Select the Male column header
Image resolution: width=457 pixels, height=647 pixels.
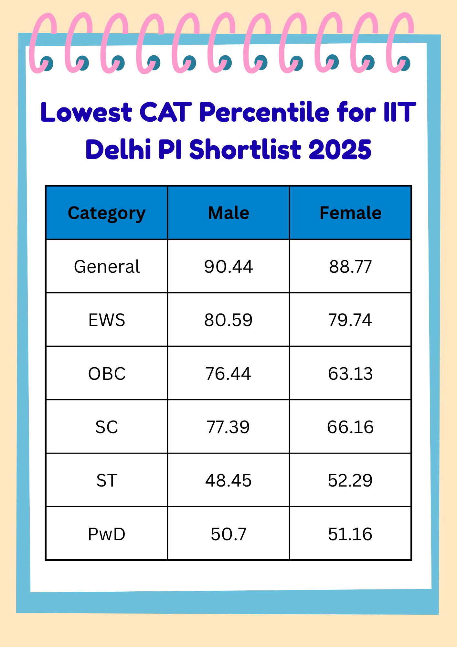click(228, 213)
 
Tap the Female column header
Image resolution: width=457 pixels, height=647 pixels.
click(350, 213)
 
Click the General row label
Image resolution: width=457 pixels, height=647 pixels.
click(107, 267)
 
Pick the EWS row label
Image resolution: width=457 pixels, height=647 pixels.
click(107, 320)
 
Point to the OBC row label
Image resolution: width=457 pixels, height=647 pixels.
click(107, 374)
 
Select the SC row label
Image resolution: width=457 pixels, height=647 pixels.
click(107, 427)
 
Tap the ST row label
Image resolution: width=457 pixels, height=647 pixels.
click(107, 480)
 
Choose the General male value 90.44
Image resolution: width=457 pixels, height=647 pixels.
click(228, 267)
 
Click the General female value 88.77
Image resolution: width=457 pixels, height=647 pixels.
click(350, 267)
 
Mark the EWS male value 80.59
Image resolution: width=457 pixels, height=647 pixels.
click(228, 320)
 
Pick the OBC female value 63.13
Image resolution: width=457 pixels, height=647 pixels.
click(350, 374)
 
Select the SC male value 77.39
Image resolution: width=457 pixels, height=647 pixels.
click(228, 427)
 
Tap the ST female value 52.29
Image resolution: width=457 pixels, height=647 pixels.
click(350, 480)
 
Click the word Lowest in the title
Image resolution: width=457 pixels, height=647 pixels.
click(86, 112)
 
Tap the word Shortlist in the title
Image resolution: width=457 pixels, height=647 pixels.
click(246, 149)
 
